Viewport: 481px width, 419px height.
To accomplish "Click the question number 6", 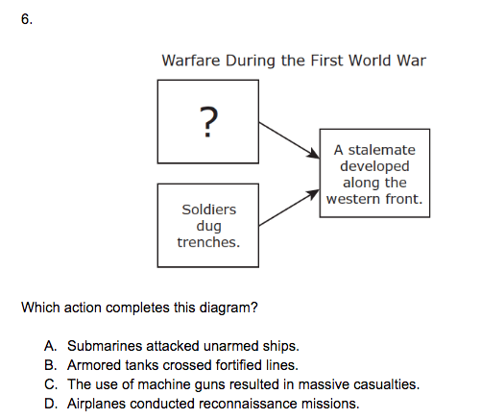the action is [x=27, y=19].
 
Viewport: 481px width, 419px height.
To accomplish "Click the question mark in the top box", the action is [x=208, y=122].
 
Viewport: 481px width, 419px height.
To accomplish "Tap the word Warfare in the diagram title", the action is [x=191, y=61].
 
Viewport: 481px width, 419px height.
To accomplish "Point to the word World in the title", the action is [x=370, y=61].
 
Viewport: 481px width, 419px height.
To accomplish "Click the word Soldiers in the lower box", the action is [x=209, y=209].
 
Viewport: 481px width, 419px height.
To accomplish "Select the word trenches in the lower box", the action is [x=208, y=242].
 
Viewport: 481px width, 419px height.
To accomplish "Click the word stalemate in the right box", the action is [x=381, y=150].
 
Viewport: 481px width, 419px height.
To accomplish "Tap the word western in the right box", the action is [x=353, y=199].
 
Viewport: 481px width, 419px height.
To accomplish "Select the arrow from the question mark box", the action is [x=289, y=140].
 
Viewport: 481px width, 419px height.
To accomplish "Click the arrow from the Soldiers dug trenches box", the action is [x=289, y=208].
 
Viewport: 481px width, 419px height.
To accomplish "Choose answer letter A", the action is [x=51, y=346].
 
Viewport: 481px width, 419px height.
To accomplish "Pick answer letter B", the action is [x=51, y=365].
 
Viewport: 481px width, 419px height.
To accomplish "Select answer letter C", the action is [x=51, y=384].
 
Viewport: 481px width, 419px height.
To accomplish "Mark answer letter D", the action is [x=51, y=404].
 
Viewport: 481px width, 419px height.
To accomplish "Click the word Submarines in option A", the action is [x=105, y=346].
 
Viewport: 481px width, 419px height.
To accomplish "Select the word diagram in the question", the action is [x=228, y=308].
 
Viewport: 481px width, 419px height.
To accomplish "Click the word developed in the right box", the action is [x=374, y=166].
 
